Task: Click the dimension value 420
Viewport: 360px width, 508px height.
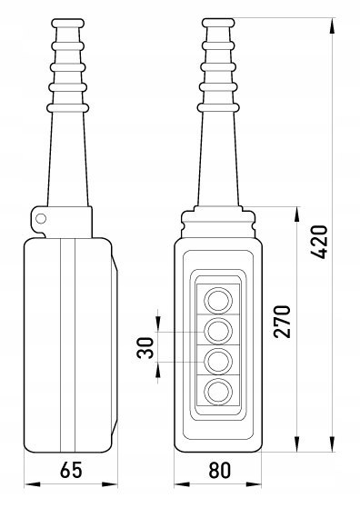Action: [318, 242]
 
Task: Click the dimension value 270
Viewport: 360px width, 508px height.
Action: [282, 322]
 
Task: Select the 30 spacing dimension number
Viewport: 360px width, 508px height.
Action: [145, 348]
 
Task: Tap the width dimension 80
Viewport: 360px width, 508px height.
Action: [220, 470]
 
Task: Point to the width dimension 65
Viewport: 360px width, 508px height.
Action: [71, 470]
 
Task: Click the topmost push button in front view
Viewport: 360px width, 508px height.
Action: [218, 301]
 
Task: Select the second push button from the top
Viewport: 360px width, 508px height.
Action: [218, 332]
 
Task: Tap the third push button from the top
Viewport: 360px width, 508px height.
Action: [218, 362]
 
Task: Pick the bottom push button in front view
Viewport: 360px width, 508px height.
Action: [218, 392]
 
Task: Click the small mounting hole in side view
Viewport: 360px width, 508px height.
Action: [41, 219]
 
